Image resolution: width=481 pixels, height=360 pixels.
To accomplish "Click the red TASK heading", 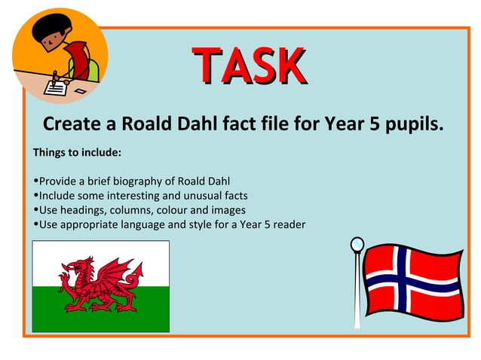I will (248, 66).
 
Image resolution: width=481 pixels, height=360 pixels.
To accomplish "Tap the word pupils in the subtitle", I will (409, 124).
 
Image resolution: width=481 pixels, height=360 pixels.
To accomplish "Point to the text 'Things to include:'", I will (77, 152).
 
